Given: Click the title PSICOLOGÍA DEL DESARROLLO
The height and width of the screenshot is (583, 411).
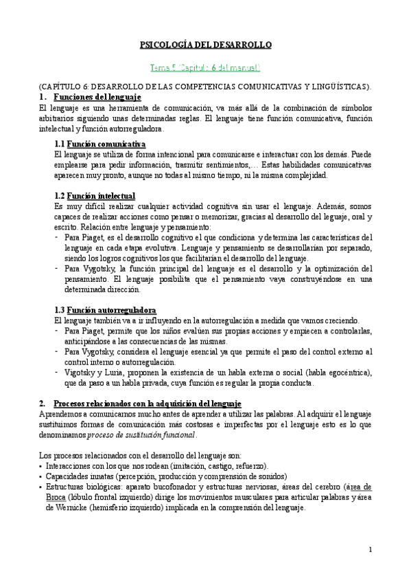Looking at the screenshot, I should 206,45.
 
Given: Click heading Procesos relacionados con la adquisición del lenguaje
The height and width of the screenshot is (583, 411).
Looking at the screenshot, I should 147,403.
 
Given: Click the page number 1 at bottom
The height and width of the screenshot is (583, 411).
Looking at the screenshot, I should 371,549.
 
